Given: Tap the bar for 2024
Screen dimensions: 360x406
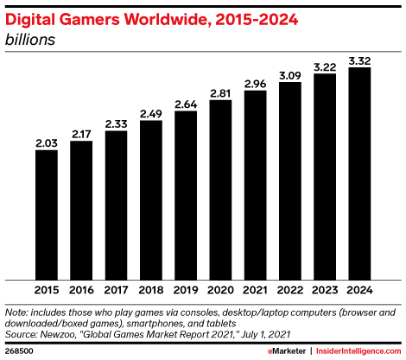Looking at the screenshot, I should coord(359,173).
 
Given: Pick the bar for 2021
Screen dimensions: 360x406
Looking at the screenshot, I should coord(256,185).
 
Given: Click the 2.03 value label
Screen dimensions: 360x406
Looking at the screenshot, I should coord(47,142).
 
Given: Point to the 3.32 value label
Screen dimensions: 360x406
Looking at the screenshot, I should coord(359,60).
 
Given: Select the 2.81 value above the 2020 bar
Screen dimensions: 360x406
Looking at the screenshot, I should coord(221,92).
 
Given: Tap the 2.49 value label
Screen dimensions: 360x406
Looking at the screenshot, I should coord(151,112).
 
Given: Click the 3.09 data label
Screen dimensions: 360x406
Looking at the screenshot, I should coord(290,74).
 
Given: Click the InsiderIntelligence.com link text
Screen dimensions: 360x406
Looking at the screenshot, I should coord(351,351).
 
